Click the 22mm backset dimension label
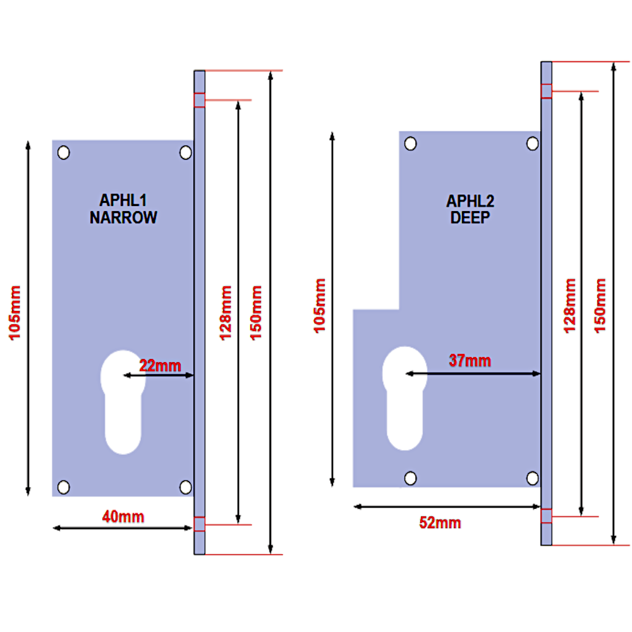coord(160,365)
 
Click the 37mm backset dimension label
coord(470,361)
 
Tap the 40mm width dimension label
coord(123,517)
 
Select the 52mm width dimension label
coord(440,523)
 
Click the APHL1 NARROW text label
coord(123,209)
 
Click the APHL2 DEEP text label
coord(470,210)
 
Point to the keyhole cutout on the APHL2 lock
coord(404,398)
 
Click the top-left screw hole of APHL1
coord(63,152)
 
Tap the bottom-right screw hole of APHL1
coord(185,486)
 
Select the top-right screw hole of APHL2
coord(533,144)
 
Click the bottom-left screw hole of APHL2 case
coord(411,477)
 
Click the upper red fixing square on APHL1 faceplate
coord(199,100)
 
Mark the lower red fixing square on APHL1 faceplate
coord(199,524)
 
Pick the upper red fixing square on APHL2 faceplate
coord(547,91)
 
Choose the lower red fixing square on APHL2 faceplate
coord(547,516)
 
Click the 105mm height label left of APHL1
coord(15,313)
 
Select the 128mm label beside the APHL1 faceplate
coord(225,313)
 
